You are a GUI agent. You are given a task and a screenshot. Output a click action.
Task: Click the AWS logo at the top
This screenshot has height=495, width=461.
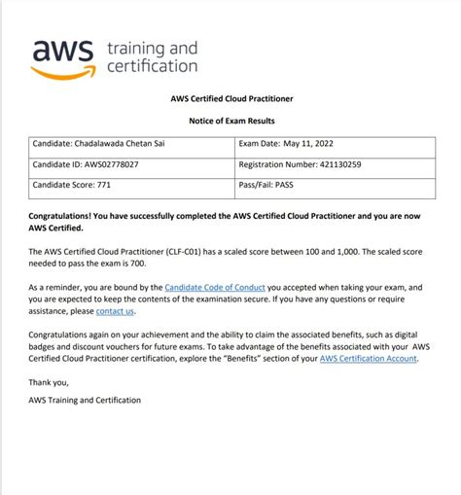tap(64, 58)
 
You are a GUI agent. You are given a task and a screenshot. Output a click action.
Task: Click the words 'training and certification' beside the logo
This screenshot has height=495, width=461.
tap(152, 57)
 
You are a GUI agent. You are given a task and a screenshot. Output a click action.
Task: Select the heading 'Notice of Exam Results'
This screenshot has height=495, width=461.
tap(231, 120)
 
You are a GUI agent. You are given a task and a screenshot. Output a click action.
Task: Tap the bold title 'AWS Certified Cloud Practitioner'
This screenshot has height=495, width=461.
tap(231, 98)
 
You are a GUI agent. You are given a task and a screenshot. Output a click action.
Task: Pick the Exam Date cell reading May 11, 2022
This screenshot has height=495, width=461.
tap(291, 144)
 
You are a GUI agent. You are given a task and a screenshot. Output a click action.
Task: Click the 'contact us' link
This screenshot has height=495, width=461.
tap(116, 311)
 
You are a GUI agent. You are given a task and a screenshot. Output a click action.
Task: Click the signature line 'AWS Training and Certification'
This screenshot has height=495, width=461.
tap(85, 401)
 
